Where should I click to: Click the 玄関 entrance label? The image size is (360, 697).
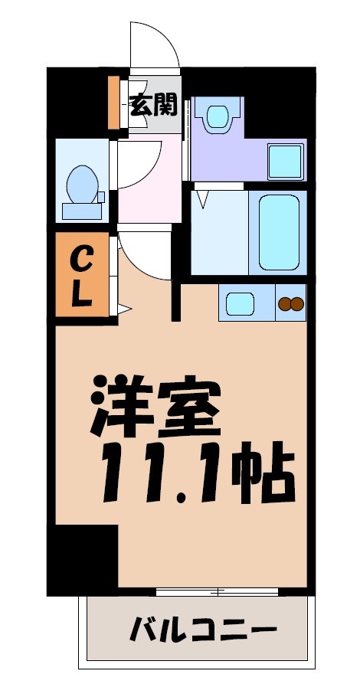153,105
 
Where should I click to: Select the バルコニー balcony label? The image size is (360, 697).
203,633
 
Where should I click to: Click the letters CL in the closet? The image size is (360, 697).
82,277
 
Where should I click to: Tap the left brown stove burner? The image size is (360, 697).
284,304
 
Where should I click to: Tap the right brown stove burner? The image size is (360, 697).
297,304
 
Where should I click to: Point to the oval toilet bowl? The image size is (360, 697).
80,183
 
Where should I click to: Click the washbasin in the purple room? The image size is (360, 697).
217,116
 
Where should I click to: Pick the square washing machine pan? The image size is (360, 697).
286,161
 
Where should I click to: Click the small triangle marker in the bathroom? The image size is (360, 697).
202,200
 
